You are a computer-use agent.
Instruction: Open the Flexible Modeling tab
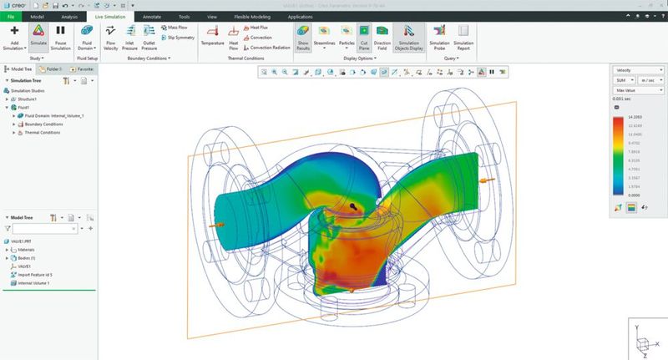(x=252, y=15)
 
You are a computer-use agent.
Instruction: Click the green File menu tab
(x=12, y=15)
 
